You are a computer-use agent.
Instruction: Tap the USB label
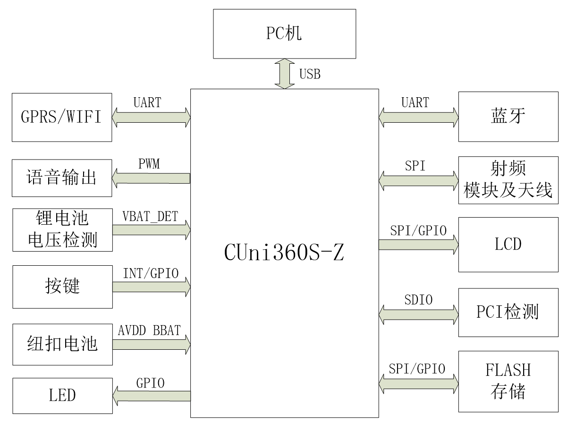310,74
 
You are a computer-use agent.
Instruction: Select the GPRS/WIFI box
62,117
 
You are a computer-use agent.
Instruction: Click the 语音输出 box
62,178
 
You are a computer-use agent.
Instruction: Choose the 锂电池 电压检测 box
62,230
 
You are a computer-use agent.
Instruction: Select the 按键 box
62,287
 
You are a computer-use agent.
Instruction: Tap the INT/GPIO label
151,274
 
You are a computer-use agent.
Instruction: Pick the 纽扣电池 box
62,344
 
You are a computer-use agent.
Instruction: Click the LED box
62,395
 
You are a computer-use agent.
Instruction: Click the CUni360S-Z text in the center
284,253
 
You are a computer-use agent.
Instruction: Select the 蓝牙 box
508,117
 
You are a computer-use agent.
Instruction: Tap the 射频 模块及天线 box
508,180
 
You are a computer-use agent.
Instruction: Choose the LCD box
508,244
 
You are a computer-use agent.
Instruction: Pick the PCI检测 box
508,312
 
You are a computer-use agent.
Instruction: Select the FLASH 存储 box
508,381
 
